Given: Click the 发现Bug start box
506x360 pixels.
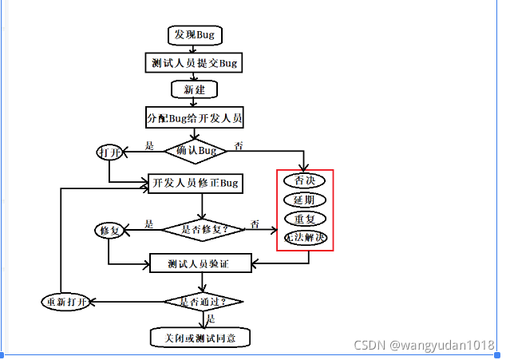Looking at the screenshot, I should (x=193, y=35).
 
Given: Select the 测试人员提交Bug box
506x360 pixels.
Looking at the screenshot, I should (x=194, y=63).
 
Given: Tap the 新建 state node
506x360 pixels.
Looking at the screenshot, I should (x=194, y=89).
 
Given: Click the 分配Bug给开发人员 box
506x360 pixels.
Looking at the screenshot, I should (x=195, y=118).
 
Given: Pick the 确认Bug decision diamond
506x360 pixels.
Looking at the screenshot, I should (x=196, y=150).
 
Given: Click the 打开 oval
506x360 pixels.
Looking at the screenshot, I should (x=108, y=152).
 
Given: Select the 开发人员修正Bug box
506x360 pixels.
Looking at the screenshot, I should (x=196, y=184).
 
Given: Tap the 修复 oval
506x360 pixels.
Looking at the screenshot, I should (x=108, y=230).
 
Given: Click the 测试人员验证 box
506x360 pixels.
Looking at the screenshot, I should (x=200, y=263).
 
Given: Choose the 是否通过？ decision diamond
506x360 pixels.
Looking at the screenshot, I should (x=203, y=302).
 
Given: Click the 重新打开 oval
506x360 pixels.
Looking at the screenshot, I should (x=65, y=302).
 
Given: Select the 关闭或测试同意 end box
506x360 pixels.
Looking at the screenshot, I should (x=200, y=337).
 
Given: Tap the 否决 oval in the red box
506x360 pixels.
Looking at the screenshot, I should (x=304, y=180).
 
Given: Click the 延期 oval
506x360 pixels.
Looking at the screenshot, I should (x=304, y=200).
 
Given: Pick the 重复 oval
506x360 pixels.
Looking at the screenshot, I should (x=304, y=219).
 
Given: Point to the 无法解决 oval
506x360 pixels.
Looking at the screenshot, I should (x=304, y=237).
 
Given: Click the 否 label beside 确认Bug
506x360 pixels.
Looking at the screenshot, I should (x=239, y=146).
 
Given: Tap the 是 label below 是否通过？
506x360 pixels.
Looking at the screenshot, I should (x=211, y=318).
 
